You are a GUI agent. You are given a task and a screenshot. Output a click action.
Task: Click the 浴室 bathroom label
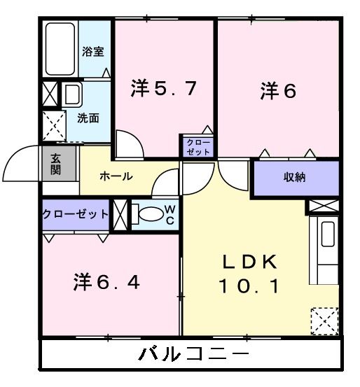pyautogui.click(x=93, y=51)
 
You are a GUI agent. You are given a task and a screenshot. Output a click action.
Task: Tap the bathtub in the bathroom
pyautogui.click(x=60, y=50)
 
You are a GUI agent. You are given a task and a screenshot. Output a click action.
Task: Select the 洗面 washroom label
pyautogui.click(x=88, y=117)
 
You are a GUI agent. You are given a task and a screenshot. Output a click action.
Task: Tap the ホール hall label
pyautogui.click(x=116, y=176)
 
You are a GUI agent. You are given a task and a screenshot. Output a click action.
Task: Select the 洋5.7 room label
pyautogui.click(x=163, y=89)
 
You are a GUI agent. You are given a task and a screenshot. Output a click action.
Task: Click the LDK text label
pyautogui.click(x=251, y=262)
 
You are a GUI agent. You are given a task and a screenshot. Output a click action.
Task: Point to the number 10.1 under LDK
pyautogui.click(x=251, y=286)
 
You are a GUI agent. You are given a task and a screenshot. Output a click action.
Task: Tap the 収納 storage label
pyautogui.click(x=295, y=177)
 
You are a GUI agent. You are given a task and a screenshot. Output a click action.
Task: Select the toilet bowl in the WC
pyautogui.click(x=146, y=214)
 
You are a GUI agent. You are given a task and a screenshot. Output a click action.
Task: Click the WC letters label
pyautogui.click(x=169, y=215)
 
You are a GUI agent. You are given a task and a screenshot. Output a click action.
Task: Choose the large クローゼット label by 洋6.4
pyautogui.click(x=76, y=214)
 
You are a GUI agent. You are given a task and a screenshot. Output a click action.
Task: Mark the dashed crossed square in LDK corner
pyautogui.click(x=325, y=321)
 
